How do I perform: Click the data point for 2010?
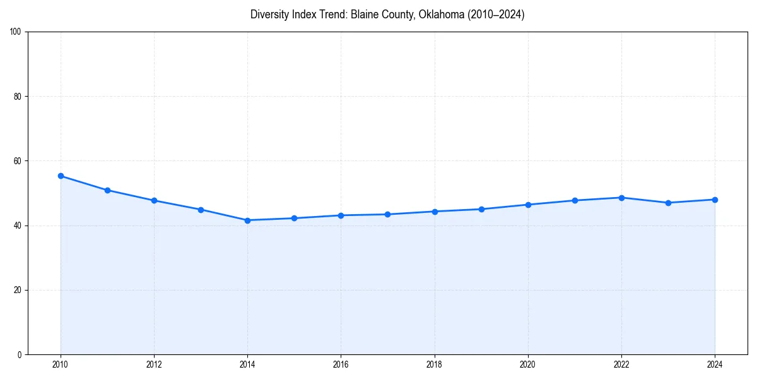coord(61,176)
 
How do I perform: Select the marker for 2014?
coord(247,220)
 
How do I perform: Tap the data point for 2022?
coord(621,198)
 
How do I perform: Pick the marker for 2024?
coord(715,200)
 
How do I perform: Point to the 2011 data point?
coord(107,190)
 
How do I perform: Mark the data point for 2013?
coord(201,210)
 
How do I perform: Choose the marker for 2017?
coord(387,214)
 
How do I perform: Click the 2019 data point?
coord(481,209)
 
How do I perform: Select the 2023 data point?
coord(668,203)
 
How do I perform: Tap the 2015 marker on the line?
coord(294,219)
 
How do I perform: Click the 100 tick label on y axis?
coord(16,32)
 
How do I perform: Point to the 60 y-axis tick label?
coord(18,161)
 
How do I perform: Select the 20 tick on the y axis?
coord(18,290)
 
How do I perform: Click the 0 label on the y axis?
coord(20,354)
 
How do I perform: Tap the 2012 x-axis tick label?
coord(154,364)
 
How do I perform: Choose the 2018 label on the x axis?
coord(434,364)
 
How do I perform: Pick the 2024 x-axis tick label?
coord(715,364)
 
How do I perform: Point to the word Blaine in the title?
coord(356,15)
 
